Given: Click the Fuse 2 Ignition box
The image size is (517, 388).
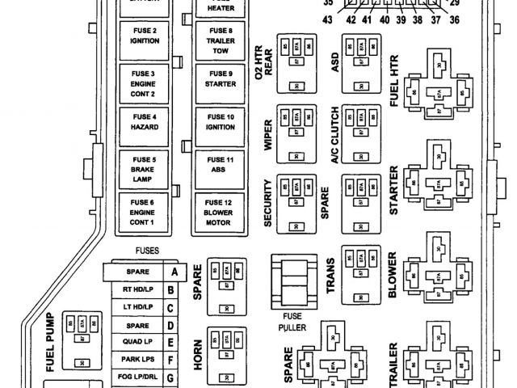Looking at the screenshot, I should point(143,37).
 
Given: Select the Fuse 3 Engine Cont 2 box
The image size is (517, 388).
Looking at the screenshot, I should point(143,82).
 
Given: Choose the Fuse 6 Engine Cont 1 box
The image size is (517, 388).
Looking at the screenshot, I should point(143,213).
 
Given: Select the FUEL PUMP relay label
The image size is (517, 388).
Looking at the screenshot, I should point(50,341).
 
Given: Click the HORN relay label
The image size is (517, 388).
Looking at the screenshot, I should point(198,356).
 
